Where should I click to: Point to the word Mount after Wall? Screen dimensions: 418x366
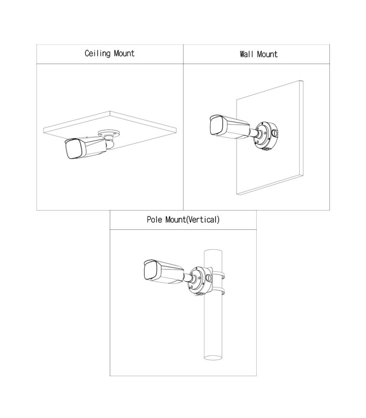(x=268, y=54)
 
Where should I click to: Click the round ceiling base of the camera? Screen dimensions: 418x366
(x=110, y=134)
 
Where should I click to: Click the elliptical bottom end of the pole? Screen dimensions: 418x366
(x=214, y=358)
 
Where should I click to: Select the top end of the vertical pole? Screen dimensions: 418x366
(x=214, y=252)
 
